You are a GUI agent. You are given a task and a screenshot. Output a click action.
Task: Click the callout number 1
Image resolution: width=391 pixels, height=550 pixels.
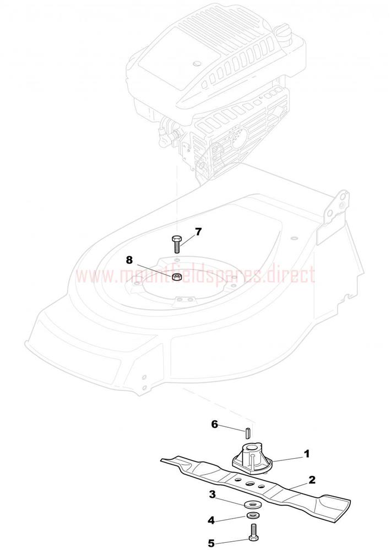click(306, 454)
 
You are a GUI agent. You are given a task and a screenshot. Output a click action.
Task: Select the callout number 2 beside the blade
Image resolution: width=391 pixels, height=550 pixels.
click(312, 480)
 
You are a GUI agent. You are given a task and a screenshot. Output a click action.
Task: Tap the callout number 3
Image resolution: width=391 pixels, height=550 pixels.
click(212, 494)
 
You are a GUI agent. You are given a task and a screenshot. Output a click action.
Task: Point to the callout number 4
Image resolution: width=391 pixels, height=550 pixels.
click(211, 520)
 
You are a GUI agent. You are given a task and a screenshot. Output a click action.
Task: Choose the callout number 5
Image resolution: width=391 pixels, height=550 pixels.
click(211, 543)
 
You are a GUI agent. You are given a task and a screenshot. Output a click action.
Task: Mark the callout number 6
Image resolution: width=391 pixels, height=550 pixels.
click(214, 424)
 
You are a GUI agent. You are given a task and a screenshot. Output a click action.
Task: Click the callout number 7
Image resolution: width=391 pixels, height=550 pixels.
click(198, 232)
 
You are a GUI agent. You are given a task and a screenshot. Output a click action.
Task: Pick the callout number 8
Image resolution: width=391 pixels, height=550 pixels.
click(129, 260)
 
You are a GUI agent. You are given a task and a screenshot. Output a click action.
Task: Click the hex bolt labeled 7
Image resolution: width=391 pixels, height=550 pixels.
click(176, 245)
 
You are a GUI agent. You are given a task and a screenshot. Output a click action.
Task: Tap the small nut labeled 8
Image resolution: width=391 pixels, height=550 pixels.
click(177, 277)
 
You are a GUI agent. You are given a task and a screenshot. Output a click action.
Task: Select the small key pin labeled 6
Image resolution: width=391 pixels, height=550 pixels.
click(248, 432)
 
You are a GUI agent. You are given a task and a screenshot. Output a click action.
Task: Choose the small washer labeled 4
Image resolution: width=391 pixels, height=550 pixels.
click(252, 515)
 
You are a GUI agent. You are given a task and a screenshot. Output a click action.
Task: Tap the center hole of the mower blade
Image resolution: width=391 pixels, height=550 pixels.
click(251, 483)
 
